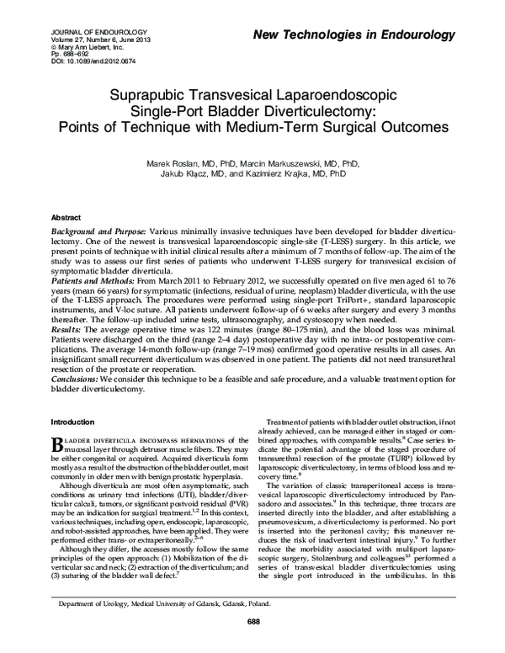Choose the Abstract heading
[66, 216]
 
